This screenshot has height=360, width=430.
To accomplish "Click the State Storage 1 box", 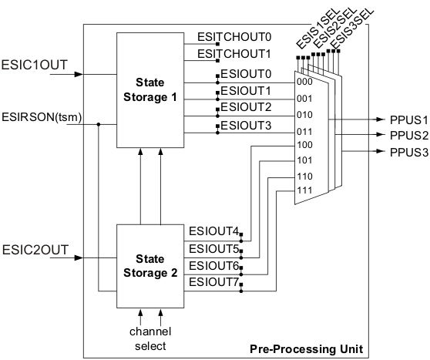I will tap(151, 89).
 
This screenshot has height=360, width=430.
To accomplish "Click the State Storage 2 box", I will tap(151, 264).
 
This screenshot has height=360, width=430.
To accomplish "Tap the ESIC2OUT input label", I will tap(35, 250).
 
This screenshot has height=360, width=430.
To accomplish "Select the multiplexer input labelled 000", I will tap(304, 82).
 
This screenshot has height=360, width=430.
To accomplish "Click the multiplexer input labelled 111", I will tap(304, 190).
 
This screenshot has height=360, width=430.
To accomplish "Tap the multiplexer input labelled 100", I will tap(304, 144).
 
